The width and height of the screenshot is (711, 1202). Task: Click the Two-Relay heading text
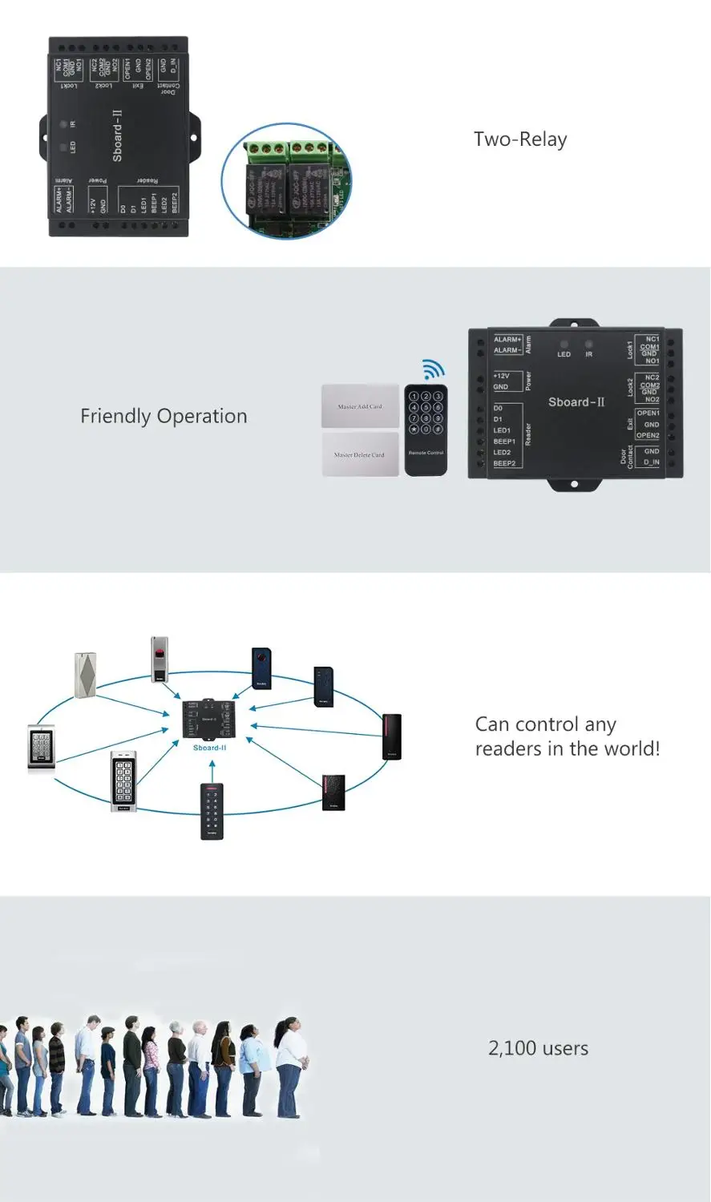(x=520, y=139)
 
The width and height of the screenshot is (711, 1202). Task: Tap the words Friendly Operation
(x=164, y=417)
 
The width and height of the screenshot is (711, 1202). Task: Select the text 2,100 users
(x=538, y=1048)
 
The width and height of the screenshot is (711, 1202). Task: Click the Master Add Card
(x=360, y=406)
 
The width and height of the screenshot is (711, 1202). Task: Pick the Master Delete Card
(x=360, y=454)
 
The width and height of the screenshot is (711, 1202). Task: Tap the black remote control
(x=426, y=430)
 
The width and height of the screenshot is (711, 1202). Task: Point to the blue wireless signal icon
(x=434, y=369)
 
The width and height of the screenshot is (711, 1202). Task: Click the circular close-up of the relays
(x=286, y=181)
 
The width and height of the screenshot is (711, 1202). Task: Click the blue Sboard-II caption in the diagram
(x=210, y=748)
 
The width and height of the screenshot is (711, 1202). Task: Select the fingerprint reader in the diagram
(x=160, y=659)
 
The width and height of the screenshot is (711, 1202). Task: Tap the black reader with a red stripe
(x=391, y=736)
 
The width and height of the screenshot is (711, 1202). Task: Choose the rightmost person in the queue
(x=289, y=1067)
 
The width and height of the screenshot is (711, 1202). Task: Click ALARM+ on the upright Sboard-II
(x=507, y=340)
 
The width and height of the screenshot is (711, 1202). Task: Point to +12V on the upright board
(x=502, y=376)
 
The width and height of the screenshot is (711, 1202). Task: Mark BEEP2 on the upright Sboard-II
(x=505, y=463)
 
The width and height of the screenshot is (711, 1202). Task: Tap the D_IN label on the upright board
(x=652, y=462)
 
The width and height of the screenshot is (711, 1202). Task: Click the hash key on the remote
(x=438, y=430)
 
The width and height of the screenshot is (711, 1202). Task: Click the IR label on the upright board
(x=589, y=354)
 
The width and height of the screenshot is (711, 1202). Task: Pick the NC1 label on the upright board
(x=652, y=339)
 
